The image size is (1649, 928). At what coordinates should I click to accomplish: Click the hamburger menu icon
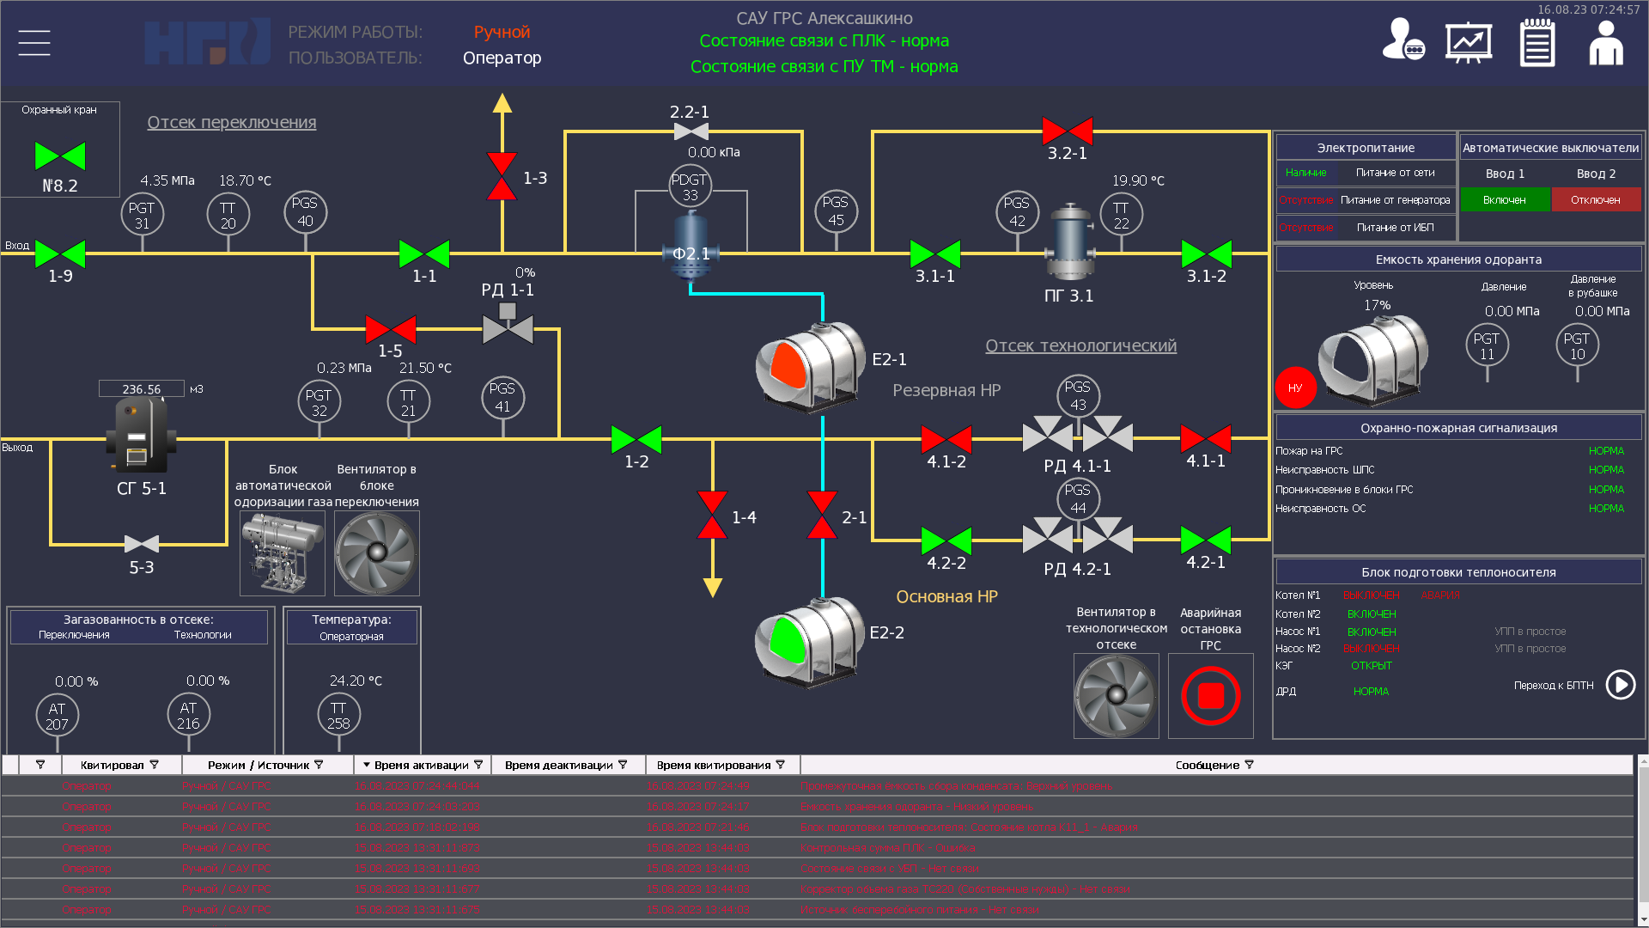34,43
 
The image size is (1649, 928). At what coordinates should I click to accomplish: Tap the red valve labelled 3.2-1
1067,131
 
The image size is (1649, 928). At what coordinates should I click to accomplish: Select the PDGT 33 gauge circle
690,186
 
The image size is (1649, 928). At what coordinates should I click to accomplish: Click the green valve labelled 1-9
60,254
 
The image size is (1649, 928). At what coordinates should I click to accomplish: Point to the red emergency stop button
1210,696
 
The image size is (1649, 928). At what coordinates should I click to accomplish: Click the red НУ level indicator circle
1295,388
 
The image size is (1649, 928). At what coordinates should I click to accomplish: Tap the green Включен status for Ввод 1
1505,199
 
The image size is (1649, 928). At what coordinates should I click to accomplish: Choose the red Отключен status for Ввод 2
1596,199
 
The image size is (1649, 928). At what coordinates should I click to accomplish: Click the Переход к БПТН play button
1621,685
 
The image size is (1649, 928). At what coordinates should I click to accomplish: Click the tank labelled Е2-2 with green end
808,641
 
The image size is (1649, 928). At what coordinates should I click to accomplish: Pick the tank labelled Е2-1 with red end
809,366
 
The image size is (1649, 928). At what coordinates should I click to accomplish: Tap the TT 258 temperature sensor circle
338,715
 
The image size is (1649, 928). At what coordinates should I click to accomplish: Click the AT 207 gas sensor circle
58,715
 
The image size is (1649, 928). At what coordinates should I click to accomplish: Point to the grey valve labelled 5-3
142,544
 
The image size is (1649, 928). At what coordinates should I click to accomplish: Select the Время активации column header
421,765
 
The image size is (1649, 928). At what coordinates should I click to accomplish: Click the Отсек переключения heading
232,122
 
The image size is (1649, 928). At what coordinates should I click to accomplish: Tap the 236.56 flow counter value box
142,389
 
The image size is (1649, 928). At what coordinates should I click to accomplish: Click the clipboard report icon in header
1537,43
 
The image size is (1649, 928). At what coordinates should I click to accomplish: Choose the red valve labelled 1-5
391,329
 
